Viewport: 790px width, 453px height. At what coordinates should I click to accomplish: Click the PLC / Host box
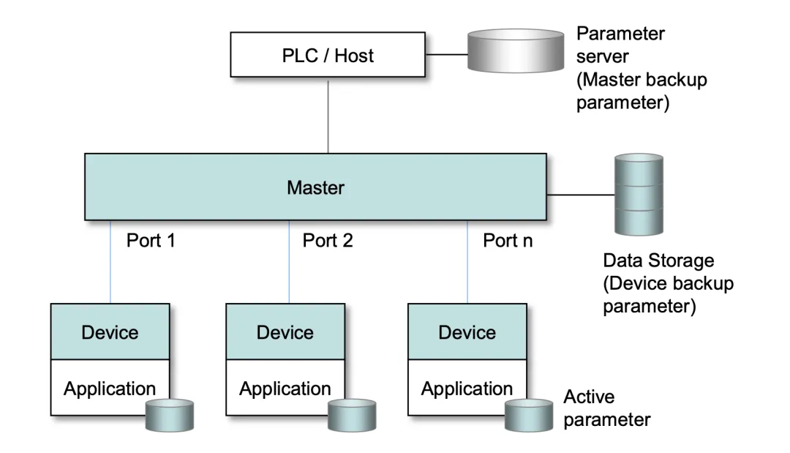tap(328, 56)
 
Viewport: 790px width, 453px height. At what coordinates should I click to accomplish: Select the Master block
tap(315, 187)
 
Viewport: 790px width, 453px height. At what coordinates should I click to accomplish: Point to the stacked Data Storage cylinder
tap(639, 194)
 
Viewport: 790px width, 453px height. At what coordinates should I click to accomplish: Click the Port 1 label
tap(151, 240)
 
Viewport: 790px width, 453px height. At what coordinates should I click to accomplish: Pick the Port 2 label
tap(327, 240)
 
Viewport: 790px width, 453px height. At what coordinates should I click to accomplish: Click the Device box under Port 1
tap(110, 332)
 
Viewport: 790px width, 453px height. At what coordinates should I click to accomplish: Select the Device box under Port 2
tap(285, 332)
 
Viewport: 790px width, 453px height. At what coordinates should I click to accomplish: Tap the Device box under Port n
tap(467, 332)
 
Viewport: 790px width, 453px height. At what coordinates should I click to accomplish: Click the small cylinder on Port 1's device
tap(170, 415)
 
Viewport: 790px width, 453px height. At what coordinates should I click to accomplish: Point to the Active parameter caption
tap(606, 408)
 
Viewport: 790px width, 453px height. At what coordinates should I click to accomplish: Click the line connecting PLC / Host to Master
tap(328, 115)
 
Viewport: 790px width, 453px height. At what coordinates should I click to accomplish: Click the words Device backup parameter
tap(668, 295)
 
